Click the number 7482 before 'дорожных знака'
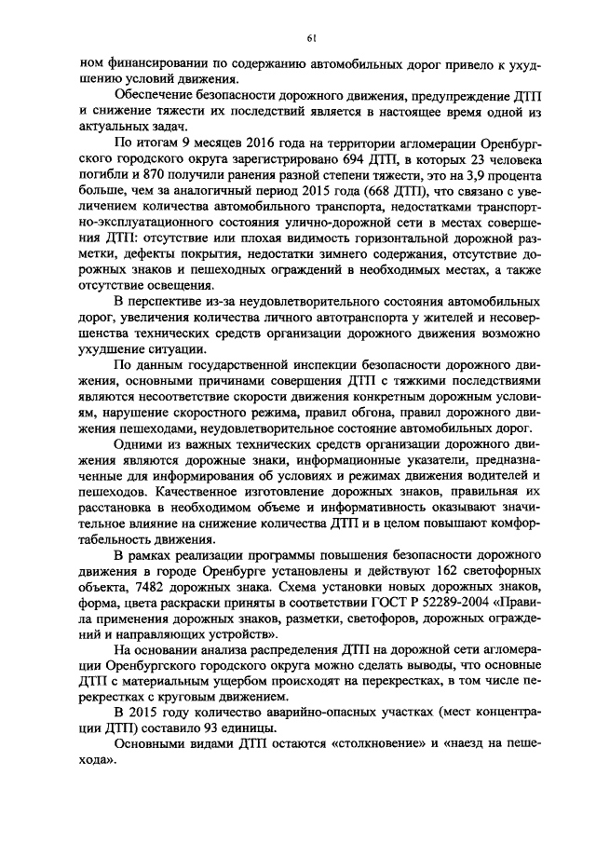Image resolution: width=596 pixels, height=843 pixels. (129, 587)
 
